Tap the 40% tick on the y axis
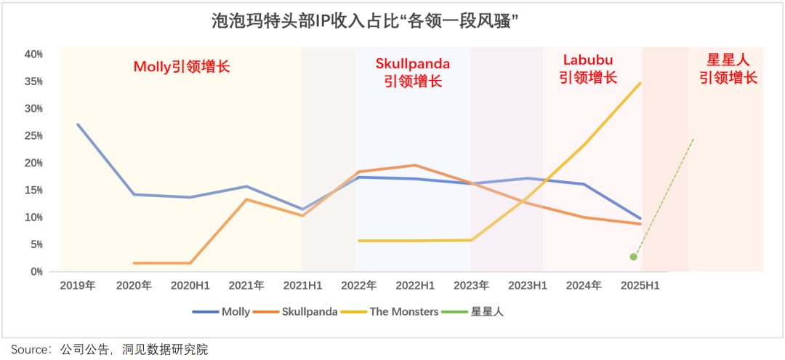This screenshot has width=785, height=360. coord(33,55)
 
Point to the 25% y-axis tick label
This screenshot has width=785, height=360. coord(33,136)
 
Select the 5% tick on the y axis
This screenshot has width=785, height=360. coord(36,245)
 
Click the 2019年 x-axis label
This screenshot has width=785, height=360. coord(77,287)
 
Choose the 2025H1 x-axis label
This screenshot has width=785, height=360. coord(640,287)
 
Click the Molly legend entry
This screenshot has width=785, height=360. coord(221,312)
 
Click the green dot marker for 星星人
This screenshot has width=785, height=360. coord(634,257)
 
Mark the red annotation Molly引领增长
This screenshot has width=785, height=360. coord(182,67)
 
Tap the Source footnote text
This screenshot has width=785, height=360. coord(109,350)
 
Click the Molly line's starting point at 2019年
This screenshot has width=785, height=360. coord(78,124)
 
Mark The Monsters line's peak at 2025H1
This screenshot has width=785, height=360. coord(640,83)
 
